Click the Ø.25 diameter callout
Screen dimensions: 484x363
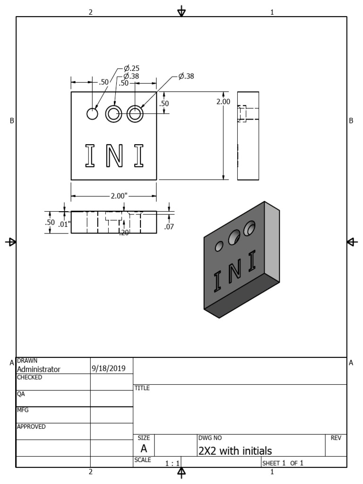tap(131, 68)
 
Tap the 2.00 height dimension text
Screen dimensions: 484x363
tap(223, 102)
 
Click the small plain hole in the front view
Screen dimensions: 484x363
tap(92, 113)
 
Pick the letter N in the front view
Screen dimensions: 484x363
tap(113, 156)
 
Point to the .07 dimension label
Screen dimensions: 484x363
tap(169, 227)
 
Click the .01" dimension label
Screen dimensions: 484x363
tap(64, 224)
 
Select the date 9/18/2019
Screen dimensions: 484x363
tap(108, 369)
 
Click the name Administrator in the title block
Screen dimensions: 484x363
tap(39, 369)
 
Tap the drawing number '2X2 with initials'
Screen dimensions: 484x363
tap(235, 450)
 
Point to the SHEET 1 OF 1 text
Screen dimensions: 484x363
tap(282, 463)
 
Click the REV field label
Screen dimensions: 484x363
tap(336, 438)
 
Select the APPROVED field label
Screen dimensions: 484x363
tap(31, 426)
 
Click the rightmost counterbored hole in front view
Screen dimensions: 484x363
tap(135, 113)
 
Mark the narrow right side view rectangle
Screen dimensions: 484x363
tap(248, 136)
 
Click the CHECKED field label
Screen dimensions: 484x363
tap(29, 377)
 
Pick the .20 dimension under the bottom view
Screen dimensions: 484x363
tap(124, 232)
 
